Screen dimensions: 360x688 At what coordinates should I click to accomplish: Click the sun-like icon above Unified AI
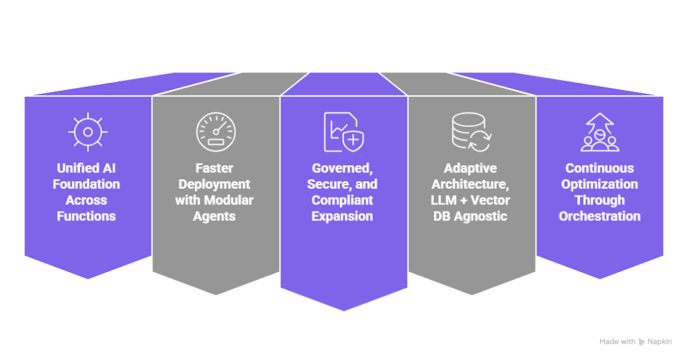[x=88, y=132]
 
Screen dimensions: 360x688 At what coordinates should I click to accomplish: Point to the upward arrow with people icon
[x=599, y=132]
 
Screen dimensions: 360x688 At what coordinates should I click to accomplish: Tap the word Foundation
[x=87, y=184]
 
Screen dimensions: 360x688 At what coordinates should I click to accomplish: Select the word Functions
[x=87, y=216]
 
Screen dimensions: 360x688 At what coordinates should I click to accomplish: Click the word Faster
[x=215, y=168]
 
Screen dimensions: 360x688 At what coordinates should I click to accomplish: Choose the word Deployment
[x=215, y=184]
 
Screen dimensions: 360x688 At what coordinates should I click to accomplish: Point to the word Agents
[x=215, y=216]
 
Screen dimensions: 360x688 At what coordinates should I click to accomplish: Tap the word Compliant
[x=343, y=200]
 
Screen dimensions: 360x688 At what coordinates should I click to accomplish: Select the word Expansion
[x=343, y=216]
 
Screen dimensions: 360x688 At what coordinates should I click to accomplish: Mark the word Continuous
[x=599, y=168]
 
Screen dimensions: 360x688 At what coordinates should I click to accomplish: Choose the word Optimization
[x=599, y=184]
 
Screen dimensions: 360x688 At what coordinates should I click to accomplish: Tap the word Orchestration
[x=599, y=216]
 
